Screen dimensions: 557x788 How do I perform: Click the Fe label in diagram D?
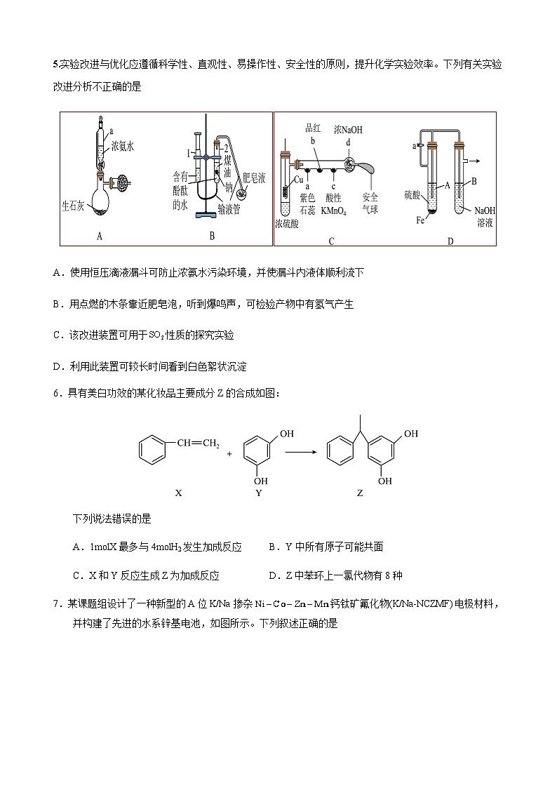point(420,220)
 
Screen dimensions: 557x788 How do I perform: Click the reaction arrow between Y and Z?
point(302,453)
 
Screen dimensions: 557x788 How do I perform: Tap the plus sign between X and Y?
point(229,454)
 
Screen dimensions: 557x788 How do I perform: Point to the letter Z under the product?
point(360,493)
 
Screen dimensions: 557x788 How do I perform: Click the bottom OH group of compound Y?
point(260,481)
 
